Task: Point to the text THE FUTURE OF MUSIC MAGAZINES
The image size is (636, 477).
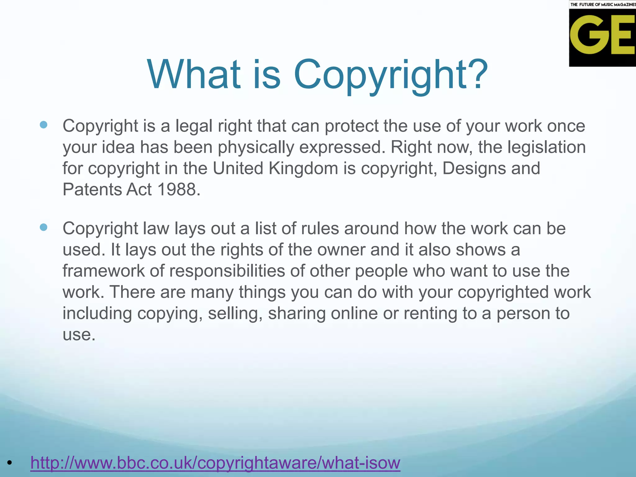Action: pos(602,4)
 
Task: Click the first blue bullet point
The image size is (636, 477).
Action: pos(44,125)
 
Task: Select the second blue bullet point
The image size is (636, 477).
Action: pos(44,227)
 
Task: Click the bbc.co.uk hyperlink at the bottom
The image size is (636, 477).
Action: pos(215,462)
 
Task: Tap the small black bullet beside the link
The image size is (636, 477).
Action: pos(10,463)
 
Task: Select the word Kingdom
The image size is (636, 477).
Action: pos(303,168)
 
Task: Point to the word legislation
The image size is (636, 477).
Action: pos(547,147)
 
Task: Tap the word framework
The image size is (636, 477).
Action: pos(103,271)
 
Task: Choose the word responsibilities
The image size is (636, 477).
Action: pos(227,271)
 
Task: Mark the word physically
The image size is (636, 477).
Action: pos(256,147)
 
